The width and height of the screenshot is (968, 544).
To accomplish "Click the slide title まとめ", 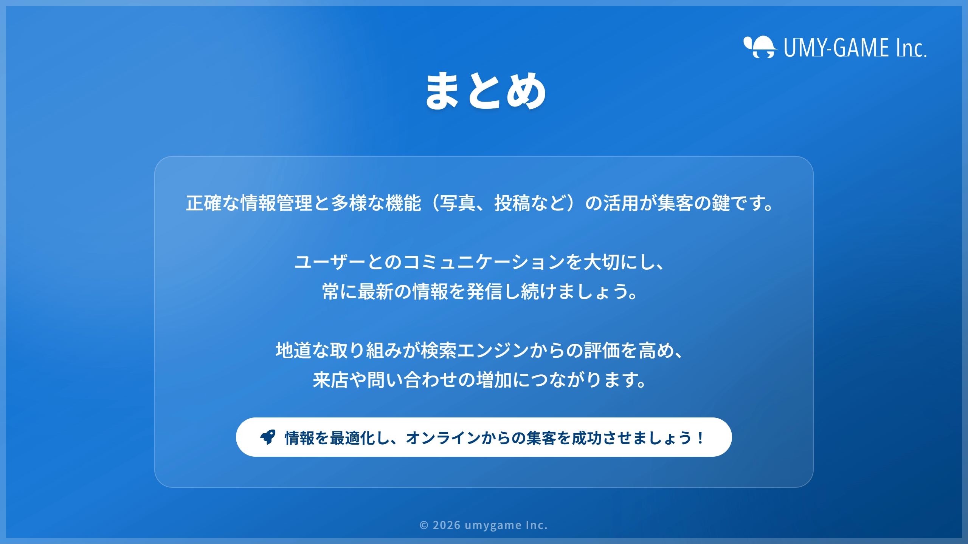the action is pos(486,91).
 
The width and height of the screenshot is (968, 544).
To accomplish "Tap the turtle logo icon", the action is pos(760,47).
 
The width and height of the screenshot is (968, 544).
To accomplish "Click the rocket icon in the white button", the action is pos(268,437).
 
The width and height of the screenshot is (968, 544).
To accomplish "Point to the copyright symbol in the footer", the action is pos(424,525).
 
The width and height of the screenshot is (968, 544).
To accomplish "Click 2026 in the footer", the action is pos(447,525).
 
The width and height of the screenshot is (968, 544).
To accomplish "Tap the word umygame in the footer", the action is pos(493,525).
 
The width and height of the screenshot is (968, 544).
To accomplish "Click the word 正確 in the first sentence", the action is pos(204,203).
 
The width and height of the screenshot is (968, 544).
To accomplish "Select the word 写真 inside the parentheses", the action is pos(458,203).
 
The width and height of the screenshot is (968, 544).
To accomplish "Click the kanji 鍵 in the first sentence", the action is pos(721,203).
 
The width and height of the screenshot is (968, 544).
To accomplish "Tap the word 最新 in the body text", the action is pos(376,291).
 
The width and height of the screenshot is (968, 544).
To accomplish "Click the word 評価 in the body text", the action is pos(602,350).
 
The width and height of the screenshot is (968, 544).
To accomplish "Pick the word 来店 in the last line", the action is pos(331,380).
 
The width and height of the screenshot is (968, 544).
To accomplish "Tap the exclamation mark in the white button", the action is pos(700,438).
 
